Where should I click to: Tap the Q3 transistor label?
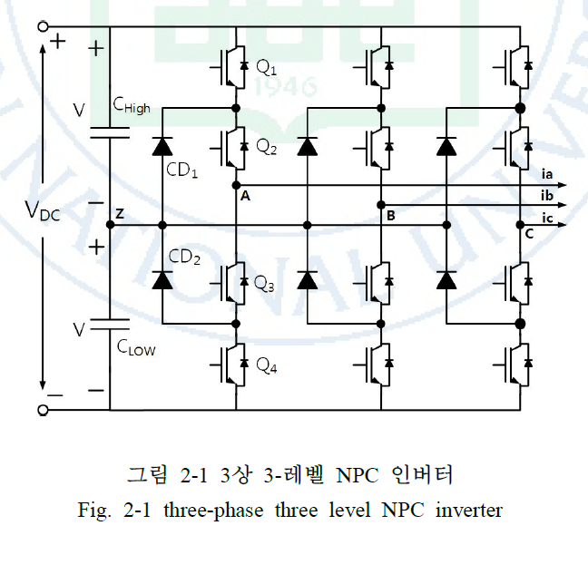(263, 285)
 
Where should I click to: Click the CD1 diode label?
(182, 170)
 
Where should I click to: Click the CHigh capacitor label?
(132, 106)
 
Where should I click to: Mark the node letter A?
(245, 196)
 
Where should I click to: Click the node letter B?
(390, 216)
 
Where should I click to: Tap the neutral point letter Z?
(119, 214)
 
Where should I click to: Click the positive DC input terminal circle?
(43, 27)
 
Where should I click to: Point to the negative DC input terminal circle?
(43, 410)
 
